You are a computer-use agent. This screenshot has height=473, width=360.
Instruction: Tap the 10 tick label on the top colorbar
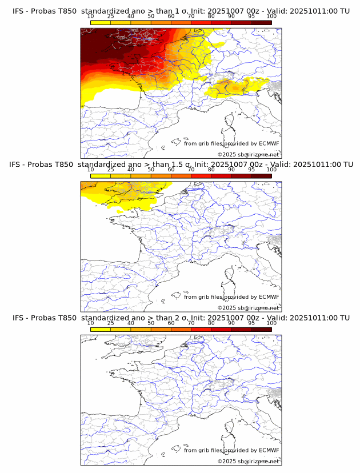click(x=90, y=17)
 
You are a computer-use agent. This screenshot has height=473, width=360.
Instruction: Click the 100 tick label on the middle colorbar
click(x=271, y=170)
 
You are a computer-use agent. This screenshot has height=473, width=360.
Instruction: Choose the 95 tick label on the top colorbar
click(x=251, y=17)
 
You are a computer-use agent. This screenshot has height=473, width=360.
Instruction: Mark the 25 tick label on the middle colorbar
click(x=110, y=170)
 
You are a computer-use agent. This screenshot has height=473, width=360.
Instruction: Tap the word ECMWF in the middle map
click(x=269, y=297)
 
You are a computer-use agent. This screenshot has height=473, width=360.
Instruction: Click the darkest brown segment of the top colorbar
click(x=261, y=23)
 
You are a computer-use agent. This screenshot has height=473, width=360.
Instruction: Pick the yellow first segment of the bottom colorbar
click(x=101, y=330)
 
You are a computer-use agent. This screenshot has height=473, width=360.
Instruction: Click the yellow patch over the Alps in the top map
click(x=234, y=88)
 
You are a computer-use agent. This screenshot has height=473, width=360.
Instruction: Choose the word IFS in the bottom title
click(x=19, y=318)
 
